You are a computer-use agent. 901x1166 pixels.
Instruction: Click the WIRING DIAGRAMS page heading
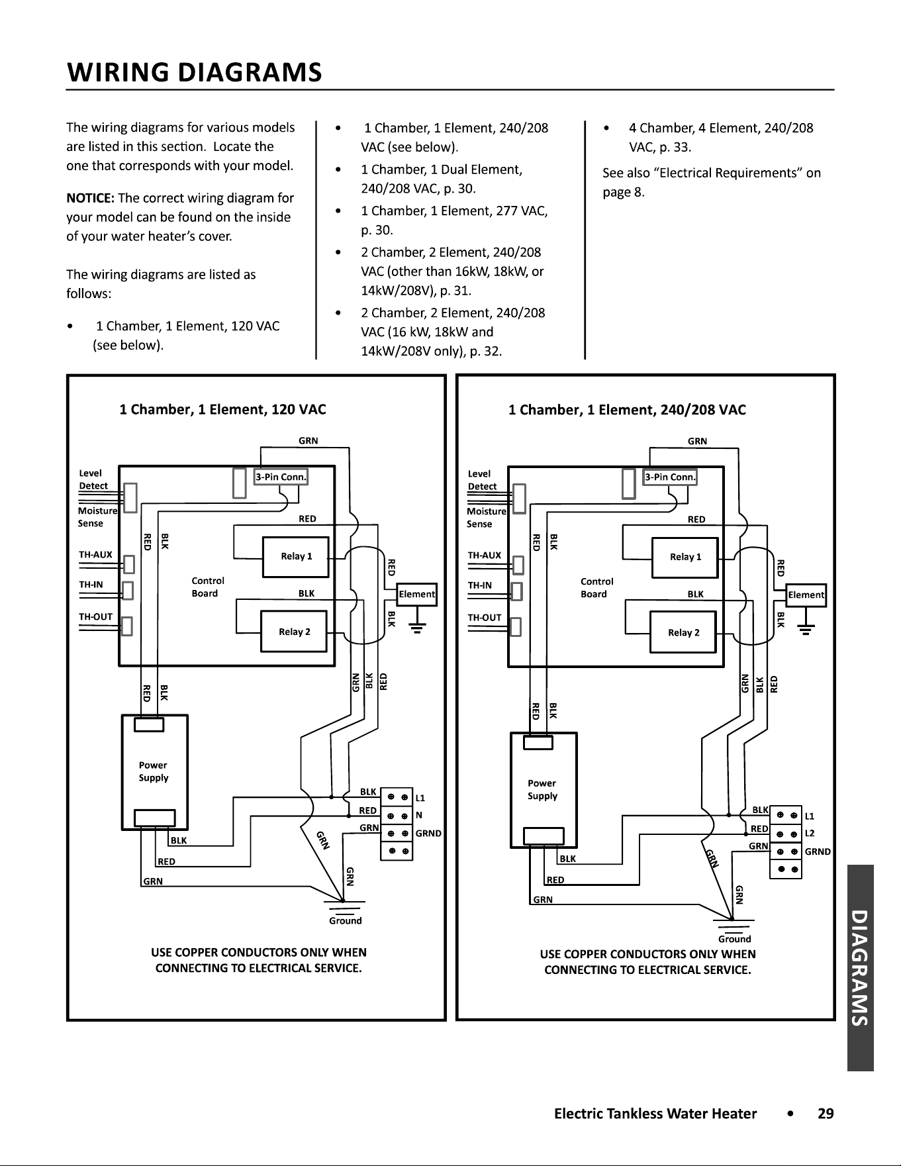click(195, 72)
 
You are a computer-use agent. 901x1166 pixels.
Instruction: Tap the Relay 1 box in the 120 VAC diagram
click(296, 556)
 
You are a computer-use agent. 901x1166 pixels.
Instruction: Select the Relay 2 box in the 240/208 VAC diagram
click(683, 633)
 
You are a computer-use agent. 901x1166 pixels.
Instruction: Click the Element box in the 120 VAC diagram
click(416, 594)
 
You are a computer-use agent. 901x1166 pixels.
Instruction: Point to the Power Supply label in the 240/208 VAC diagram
click(542, 789)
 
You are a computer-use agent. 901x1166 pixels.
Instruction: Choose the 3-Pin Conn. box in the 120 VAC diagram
click(281, 477)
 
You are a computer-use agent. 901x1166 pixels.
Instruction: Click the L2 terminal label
click(810, 833)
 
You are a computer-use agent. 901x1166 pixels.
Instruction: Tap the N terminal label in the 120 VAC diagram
click(419, 815)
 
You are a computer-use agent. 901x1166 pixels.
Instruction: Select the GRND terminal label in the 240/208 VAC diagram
click(818, 851)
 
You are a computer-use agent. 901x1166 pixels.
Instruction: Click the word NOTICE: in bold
click(91, 198)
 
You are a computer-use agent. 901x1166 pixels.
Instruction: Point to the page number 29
click(826, 1114)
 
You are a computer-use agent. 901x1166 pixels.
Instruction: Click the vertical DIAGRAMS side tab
click(860, 967)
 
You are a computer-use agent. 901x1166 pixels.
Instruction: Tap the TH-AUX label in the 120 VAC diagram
click(95, 554)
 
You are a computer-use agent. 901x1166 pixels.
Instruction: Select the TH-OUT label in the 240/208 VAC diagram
click(485, 617)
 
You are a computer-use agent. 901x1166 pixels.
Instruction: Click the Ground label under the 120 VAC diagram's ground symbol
click(346, 920)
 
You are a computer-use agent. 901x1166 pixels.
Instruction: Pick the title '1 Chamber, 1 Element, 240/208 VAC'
click(627, 410)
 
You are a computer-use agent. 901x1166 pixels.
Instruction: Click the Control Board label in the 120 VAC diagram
click(208, 587)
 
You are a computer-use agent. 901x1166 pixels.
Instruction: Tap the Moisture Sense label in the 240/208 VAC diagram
click(486, 517)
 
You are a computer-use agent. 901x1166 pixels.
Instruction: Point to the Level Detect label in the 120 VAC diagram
click(93, 479)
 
